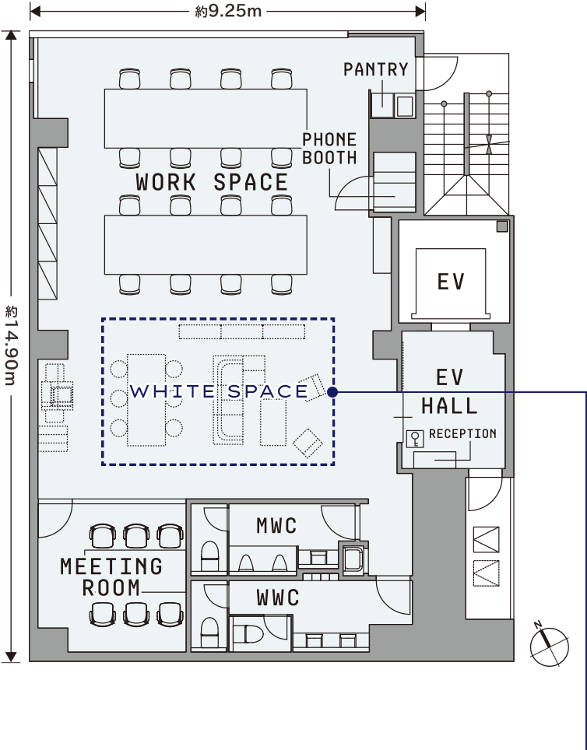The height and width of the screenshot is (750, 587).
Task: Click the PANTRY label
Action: click(x=375, y=69)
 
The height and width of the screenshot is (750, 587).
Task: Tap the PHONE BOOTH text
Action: click(x=329, y=149)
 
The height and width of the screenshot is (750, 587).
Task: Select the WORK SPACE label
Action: click(x=212, y=182)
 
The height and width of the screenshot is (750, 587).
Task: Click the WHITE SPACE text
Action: click(x=219, y=391)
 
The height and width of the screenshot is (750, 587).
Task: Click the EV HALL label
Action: click(x=449, y=391)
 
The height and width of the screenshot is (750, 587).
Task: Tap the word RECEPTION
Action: click(x=462, y=434)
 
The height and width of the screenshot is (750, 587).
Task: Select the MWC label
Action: click(x=276, y=527)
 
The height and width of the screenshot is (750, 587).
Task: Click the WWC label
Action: click(x=278, y=598)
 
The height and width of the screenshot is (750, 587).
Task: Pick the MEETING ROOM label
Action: click(x=111, y=577)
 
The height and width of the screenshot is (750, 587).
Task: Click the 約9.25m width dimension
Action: click(x=228, y=11)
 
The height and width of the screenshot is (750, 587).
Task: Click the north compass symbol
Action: click(x=549, y=645)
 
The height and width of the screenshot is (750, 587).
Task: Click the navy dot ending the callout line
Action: click(x=332, y=392)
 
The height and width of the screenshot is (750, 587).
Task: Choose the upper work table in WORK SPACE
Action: click(x=206, y=118)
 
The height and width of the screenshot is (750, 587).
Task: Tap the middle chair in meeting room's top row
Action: click(x=136, y=535)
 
